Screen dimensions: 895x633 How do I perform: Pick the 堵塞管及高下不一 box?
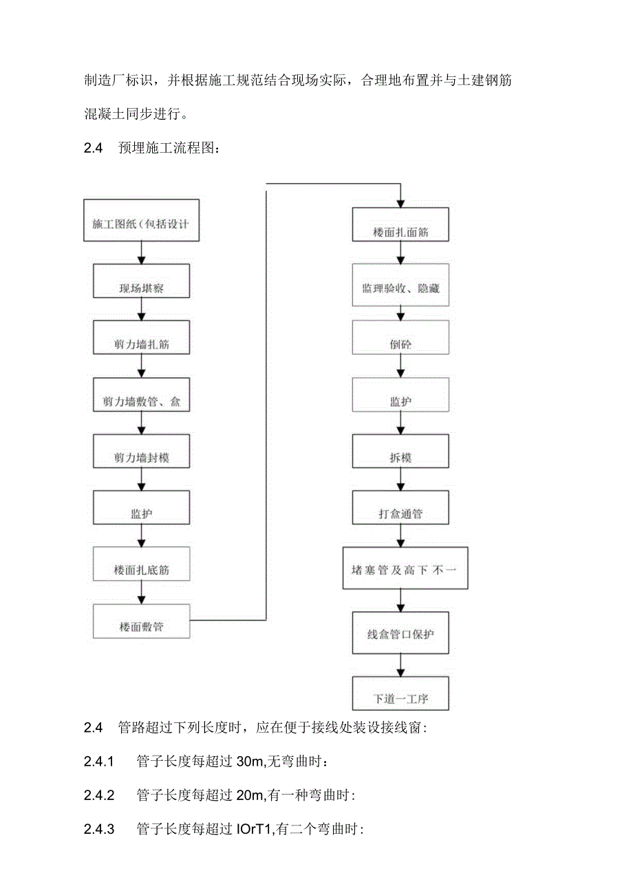(x=405, y=568)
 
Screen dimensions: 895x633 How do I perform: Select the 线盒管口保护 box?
(x=400, y=633)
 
